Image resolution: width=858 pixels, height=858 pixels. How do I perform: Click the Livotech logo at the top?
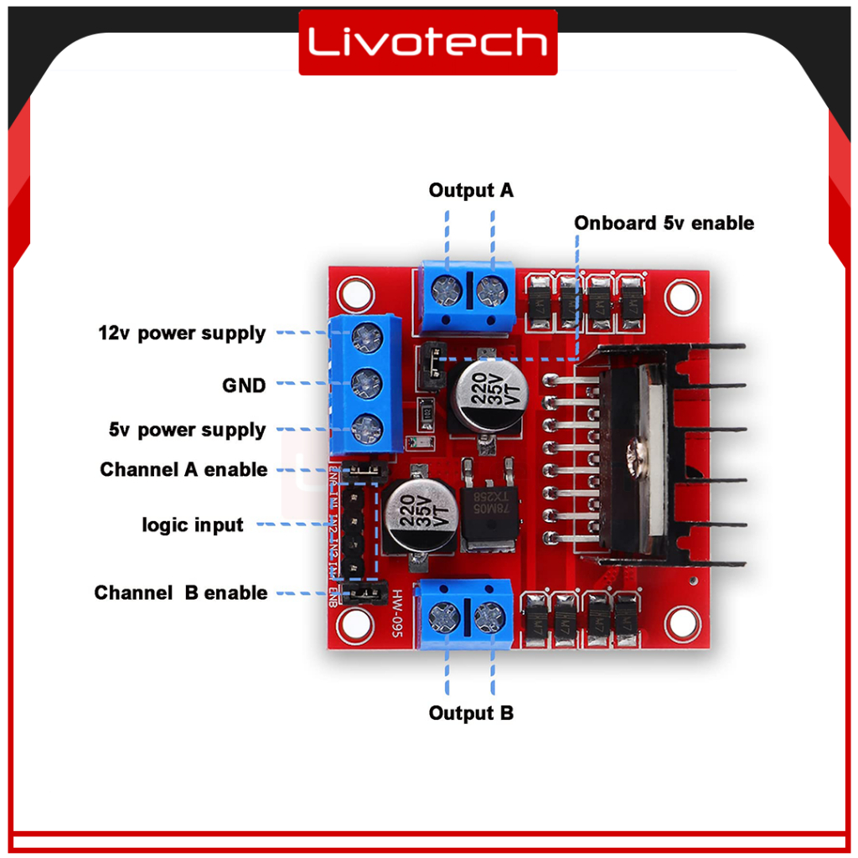point(428,42)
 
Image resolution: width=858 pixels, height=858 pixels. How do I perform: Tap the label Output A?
point(471,191)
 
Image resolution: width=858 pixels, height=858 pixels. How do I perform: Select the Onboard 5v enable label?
point(664,223)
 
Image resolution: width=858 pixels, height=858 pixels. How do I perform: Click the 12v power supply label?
point(182,333)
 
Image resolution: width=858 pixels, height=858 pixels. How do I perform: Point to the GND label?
point(244,385)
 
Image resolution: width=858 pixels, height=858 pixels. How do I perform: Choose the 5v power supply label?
point(187,431)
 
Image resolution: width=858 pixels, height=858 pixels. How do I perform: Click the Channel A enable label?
point(183,470)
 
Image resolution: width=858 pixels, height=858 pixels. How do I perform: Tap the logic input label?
point(193,525)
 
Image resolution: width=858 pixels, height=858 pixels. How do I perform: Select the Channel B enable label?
point(181,593)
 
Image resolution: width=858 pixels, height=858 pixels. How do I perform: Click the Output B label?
point(471,713)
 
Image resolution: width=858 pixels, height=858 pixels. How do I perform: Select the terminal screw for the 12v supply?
point(365,337)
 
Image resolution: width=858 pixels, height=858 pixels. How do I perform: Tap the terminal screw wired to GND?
point(365,383)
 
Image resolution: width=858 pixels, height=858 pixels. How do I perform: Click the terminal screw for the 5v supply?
point(365,427)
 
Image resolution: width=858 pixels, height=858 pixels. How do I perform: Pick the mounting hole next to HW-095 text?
point(355,621)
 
